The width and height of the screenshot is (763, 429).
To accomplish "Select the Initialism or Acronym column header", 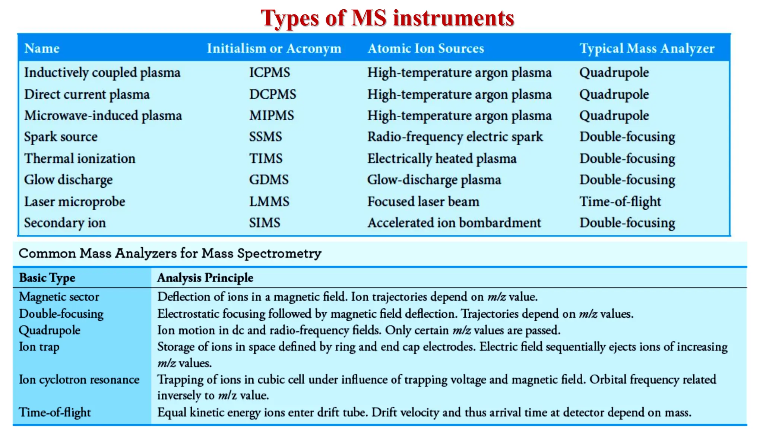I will click(x=274, y=48).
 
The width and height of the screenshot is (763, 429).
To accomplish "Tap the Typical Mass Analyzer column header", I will click(x=647, y=48).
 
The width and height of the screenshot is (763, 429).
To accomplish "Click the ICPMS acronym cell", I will click(x=269, y=72).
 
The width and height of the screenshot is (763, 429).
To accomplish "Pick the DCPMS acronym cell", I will click(x=272, y=94).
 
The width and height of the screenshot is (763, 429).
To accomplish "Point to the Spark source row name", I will click(x=61, y=137).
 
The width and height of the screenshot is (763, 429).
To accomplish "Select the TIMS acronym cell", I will click(x=266, y=159).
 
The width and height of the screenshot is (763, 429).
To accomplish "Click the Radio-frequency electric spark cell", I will click(x=455, y=137).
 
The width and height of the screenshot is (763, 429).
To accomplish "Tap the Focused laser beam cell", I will click(x=423, y=202).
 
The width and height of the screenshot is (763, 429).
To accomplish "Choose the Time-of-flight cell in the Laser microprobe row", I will click(x=620, y=202).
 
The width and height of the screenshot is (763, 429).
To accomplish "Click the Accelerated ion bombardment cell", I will click(x=454, y=223).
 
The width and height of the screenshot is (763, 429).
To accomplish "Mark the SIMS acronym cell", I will click(x=265, y=223).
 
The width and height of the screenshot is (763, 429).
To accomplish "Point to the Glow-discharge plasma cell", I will click(x=434, y=180).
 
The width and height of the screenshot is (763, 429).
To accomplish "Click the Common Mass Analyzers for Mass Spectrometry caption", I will click(x=170, y=254).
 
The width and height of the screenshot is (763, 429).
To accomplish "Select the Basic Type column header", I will click(x=47, y=278).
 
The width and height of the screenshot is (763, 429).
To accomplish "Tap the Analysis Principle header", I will click(x=205, y=278).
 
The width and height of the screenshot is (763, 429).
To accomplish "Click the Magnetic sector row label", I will click(x=59, y=297).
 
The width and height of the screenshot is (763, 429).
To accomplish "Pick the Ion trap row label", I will click(x=39, y=347).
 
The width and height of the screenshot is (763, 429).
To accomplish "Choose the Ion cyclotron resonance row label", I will click(x=79, y=379).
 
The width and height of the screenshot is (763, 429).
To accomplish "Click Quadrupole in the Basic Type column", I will click(x=50, y=330).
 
